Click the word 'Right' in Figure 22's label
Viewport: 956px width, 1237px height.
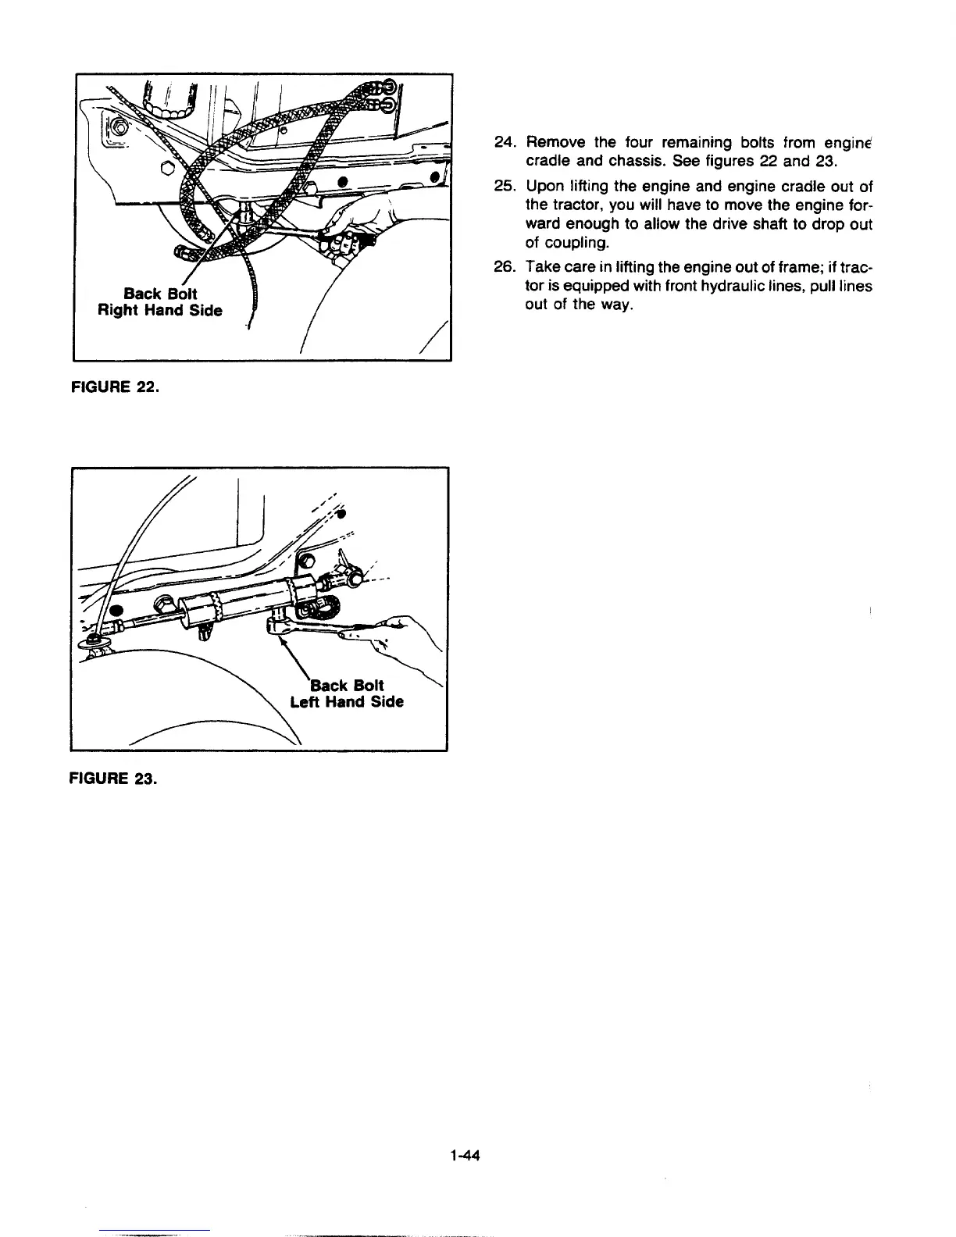(x=116, y=311)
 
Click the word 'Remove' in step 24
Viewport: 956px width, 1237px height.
(x=555, y=142)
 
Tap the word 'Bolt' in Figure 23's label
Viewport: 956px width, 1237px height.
(x=368, y=685)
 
